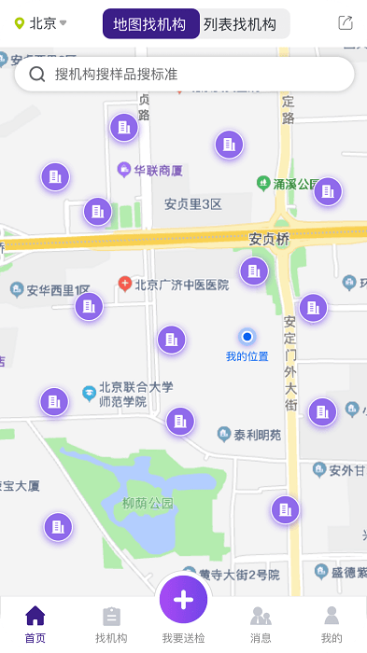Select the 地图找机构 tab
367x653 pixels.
[x=150, y=24]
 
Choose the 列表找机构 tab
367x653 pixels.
[x=240, y=24]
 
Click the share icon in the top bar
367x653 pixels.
[x=346, y=23]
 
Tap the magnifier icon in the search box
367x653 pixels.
[x=37, y=75]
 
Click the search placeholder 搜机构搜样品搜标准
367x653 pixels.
[x=116, y=75]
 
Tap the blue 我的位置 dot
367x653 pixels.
[x=247, y=337]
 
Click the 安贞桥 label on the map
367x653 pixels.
[x=269, y=240]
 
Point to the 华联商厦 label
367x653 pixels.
[x=157, y=171]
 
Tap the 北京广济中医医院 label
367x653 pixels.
[x=181, y=285]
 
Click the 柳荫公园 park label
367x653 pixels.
[x=148, y=503]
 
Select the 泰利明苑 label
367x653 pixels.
[x=257, y=434]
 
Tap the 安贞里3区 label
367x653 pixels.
[x=192, y=204]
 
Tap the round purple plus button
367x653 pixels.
[x=183, y=599]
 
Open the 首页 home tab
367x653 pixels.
[x=35, y=623]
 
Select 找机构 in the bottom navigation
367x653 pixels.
[x=111, y=623]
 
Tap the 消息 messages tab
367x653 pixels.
[x=261, y=623]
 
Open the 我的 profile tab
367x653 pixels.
[x=332, y=623]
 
